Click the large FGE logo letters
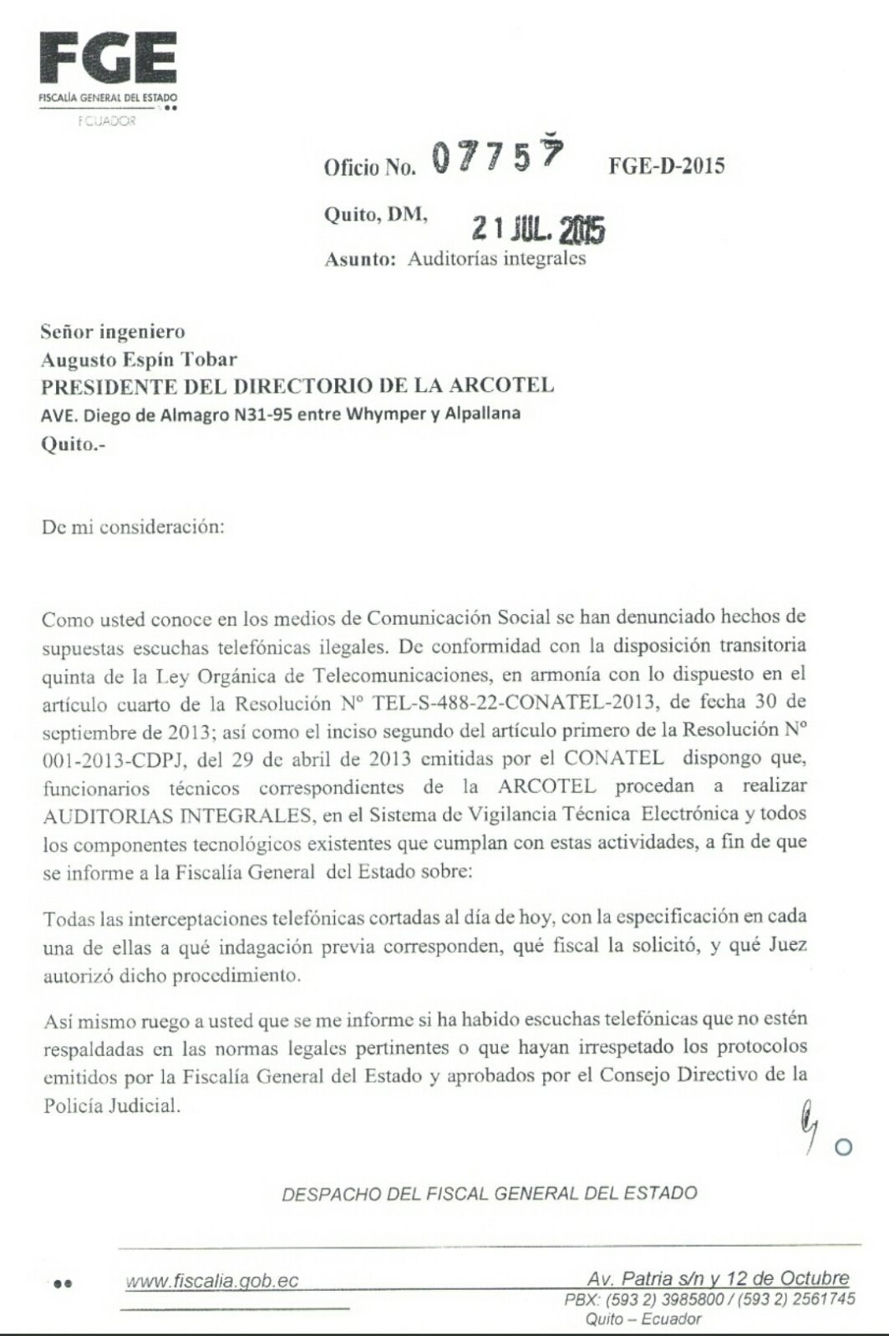108,58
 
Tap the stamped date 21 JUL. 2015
538,228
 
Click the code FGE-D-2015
666,166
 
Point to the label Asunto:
359,259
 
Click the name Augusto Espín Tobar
139,359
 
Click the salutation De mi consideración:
133,528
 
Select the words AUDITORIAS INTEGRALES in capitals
176,815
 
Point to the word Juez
785,945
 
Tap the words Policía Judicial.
111,1105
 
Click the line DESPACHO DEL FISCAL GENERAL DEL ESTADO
490,1194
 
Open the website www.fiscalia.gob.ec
211,1282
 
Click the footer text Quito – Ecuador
643,1319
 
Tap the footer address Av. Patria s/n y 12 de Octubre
718,1278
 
